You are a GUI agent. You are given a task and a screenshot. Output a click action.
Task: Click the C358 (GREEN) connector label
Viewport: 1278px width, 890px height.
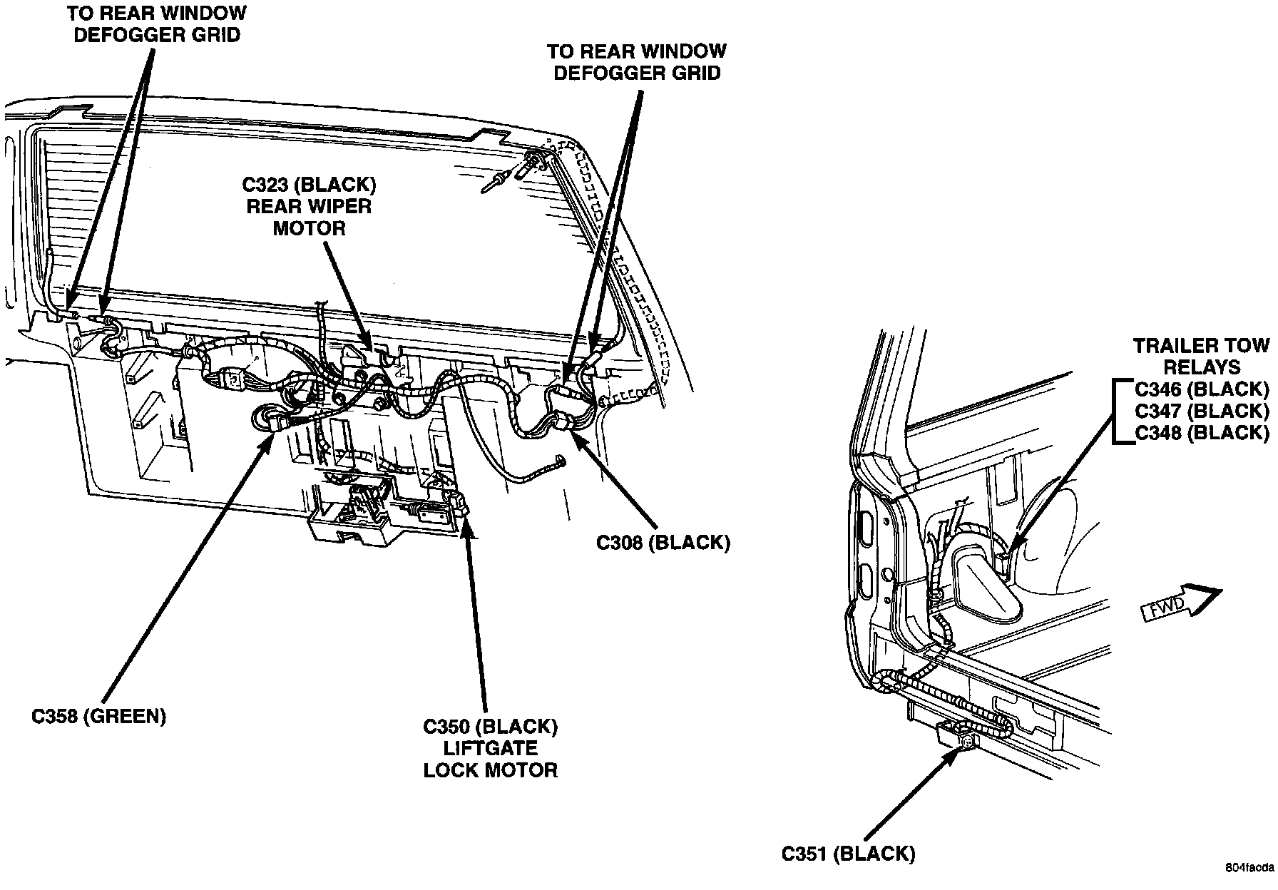click(x=98, y=716)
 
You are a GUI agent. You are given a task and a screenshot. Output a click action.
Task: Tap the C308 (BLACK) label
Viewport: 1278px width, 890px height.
click(x=663, y=543)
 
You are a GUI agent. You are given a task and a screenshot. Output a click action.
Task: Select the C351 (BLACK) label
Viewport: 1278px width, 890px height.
click(x=848, y=853)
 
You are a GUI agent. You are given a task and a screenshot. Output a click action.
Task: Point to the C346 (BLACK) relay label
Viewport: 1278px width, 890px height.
click(x=1202, y=389)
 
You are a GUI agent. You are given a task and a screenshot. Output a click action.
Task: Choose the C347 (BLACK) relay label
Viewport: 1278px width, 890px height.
click(x=1202, y=411)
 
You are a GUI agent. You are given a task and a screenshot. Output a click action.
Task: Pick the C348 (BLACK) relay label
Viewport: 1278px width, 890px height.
click(x=1202, y=432)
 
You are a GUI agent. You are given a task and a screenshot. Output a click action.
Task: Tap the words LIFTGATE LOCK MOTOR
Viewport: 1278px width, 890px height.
click(x=490, y=759)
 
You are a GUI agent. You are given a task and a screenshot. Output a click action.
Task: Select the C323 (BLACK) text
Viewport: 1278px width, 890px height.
click(x=309, y=185)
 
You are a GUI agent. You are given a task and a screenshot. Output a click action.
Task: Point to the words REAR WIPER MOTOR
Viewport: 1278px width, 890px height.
click(x=309, y=218)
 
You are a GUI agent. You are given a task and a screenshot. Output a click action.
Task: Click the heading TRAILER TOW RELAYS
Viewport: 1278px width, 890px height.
click(x=1201, y=357)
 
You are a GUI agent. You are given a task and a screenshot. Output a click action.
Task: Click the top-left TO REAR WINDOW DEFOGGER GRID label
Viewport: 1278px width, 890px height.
click(x=156, y=24)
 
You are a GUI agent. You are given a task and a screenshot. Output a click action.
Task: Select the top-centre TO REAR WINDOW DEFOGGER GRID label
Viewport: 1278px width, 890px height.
click(x=637, y=61)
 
